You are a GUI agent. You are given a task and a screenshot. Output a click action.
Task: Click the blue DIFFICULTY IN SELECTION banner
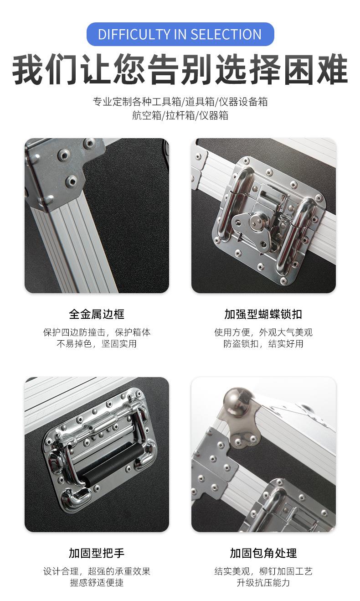180,34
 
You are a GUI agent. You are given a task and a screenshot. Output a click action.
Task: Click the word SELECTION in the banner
226,35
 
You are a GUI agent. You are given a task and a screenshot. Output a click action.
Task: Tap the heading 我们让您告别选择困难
180,69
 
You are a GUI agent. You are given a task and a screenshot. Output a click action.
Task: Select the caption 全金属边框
97,314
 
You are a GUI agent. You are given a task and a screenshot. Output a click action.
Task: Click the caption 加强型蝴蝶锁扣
263,314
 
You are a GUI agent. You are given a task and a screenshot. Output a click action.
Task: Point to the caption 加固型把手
97,553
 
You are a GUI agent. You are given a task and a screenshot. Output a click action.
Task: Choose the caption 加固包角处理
263,553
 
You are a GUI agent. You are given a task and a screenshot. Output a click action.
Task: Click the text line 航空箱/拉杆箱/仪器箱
180,115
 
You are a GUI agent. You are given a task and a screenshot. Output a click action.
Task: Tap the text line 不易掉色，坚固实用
97,344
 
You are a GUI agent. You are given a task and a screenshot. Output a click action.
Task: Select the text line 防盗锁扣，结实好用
263,344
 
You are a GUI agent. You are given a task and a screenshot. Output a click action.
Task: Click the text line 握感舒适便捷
97,582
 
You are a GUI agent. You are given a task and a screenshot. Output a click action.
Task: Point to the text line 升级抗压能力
263,582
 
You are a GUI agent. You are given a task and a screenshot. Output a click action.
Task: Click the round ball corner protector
237,400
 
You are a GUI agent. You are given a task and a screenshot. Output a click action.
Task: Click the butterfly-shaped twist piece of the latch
252,228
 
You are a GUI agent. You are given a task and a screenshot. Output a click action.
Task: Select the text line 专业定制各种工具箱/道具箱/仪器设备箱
180,102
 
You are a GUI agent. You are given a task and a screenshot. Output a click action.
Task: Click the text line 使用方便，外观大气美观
263,332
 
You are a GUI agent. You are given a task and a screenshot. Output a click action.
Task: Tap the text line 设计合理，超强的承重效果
97,571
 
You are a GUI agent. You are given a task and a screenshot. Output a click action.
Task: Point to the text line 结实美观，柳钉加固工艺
263,571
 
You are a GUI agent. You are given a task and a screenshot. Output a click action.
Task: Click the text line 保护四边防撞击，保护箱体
97,332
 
